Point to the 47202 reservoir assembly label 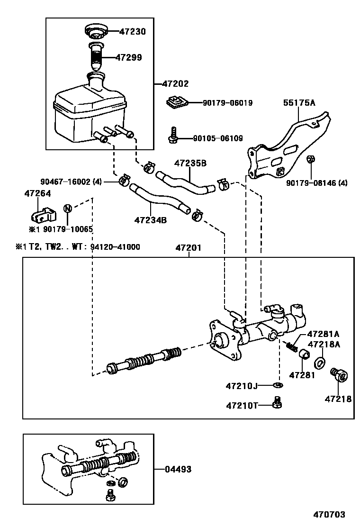point(175,83)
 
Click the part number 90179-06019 point(227,102)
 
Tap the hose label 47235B point(190,164)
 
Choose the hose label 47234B point(151,220)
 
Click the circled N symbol point(68,208)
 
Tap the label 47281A point(324,334)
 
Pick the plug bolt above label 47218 point(340,376)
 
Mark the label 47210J point(242,386)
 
